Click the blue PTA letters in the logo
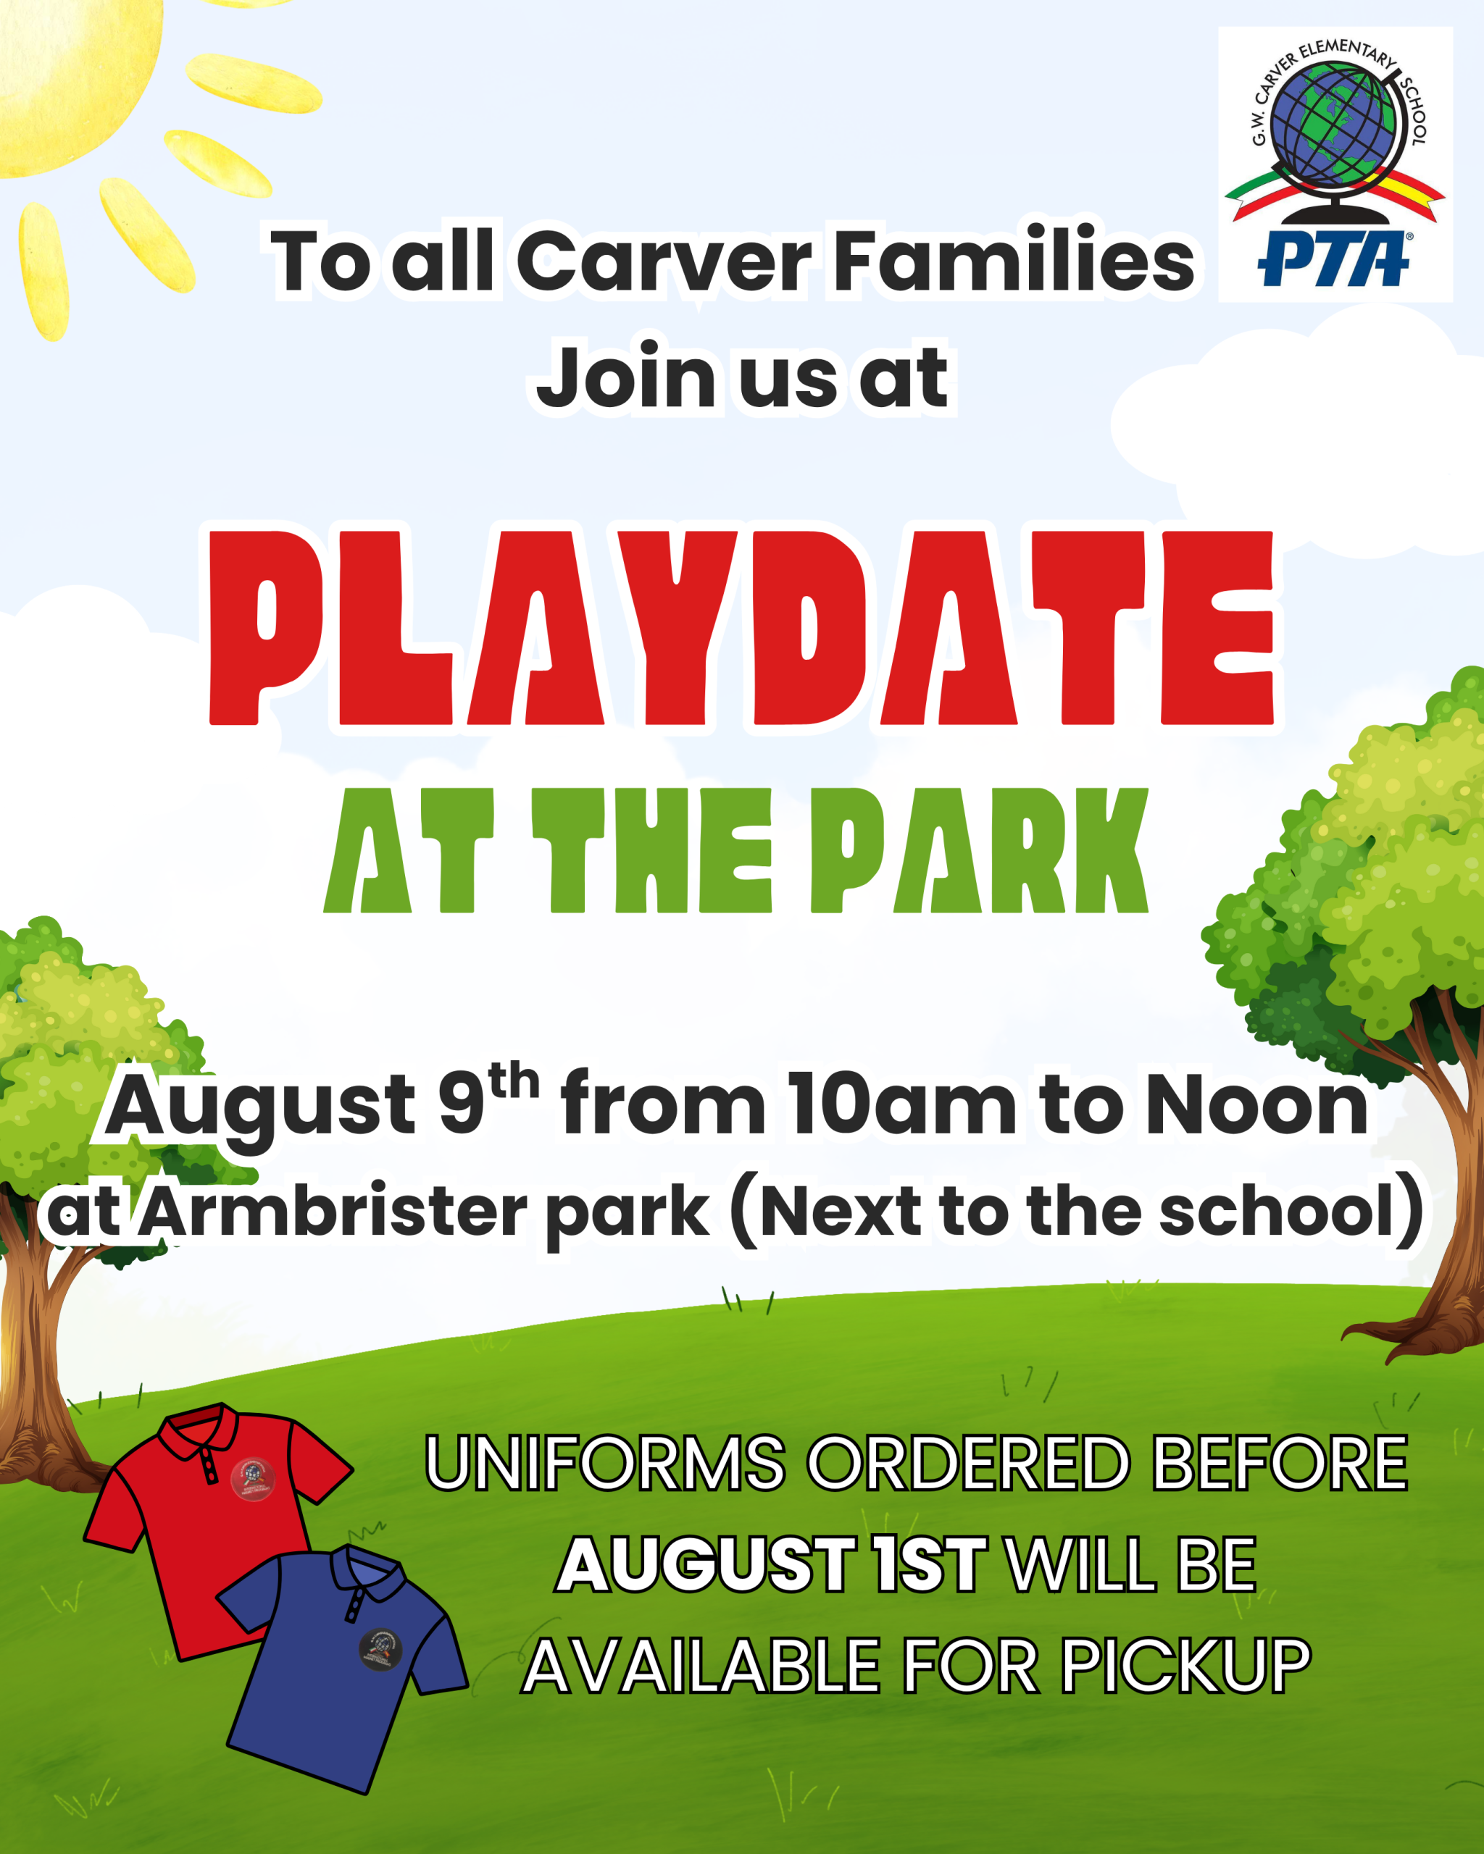pos(1333,258)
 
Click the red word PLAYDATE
pos(741,628)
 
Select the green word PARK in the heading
pos(980,850)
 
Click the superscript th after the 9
pos(514,1080)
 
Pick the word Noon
pos(1257,1105)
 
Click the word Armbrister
pos(333,1211)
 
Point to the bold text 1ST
pos(929,1564)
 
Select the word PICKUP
pos(1185,1666)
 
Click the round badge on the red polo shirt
pos(252,1479)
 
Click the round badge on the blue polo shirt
pos(380,1649)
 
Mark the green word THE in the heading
pos(652,850)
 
